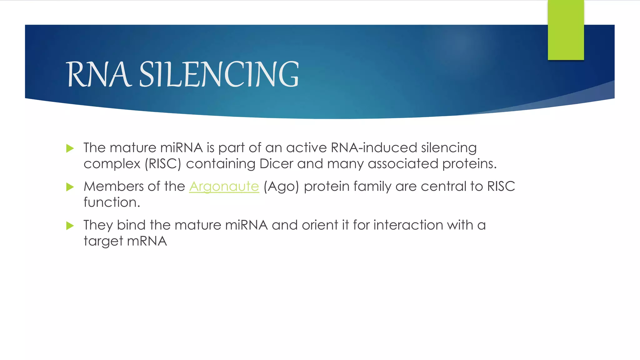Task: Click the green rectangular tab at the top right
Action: click(566, 30)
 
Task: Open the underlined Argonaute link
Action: click(224, 187)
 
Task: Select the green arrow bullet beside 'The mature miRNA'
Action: click(70, 148)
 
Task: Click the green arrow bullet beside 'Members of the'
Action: click(70, 187)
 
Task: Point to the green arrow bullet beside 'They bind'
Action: click(70, 226)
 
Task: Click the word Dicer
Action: click(276, 164)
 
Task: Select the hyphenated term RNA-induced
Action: click(374, 148)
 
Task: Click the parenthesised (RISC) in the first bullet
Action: click(163, 164)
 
